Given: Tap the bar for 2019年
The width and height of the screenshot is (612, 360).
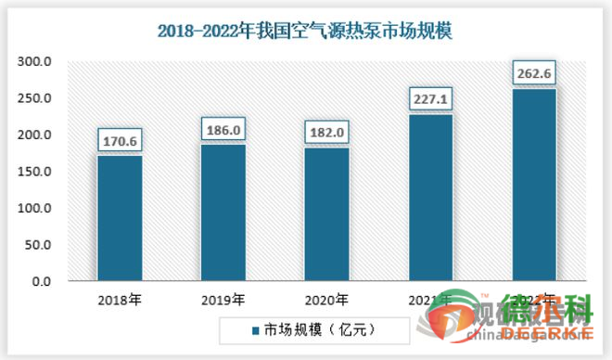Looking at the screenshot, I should coord(224,212).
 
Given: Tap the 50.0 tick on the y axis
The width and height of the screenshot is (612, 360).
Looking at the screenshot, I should coord(40,244).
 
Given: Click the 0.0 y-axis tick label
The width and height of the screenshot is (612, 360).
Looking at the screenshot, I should coord(44,280).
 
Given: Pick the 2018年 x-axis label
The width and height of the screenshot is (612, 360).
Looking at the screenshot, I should coord(120,300).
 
